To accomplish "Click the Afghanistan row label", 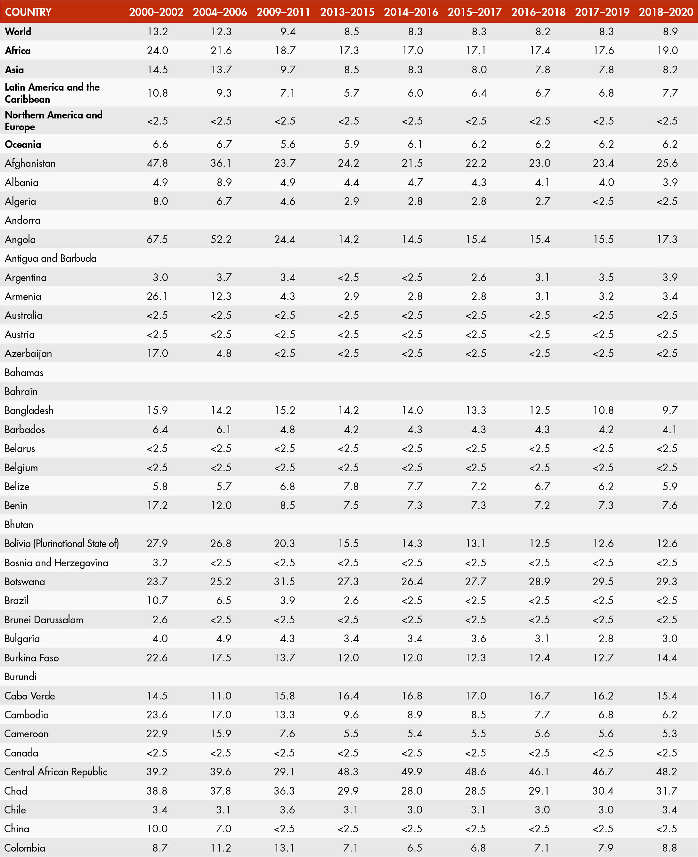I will pos(30,163).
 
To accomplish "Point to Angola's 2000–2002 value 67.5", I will pos(157,239).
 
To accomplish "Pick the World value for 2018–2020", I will pos(670,31).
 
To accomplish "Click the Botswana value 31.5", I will pos(285,581).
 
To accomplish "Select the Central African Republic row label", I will pos(56,772).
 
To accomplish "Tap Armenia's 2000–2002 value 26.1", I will pos(157,296).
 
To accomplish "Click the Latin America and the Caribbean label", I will pos(52,93).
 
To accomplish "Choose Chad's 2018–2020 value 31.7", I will pos(667,791).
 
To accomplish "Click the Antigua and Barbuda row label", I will pos(51,258).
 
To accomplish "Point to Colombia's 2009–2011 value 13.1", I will pos(285,848).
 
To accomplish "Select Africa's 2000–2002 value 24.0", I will pos(157,50).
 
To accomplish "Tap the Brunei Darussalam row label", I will pos(44,619).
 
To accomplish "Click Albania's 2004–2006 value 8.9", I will pos(224,182).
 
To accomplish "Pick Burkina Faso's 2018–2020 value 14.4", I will pos(667,658).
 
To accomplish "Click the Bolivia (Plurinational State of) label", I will pos(61,544).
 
